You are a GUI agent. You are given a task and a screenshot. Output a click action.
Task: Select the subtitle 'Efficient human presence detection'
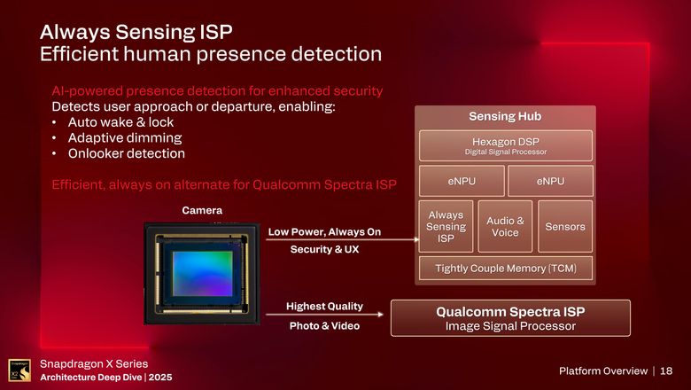tap(211, 54)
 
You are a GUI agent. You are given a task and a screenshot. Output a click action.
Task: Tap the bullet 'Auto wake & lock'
tap(114, 122)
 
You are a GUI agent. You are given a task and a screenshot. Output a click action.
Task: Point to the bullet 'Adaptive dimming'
tap(118, 138)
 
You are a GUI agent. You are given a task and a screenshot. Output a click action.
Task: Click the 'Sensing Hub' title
tap(504, 117)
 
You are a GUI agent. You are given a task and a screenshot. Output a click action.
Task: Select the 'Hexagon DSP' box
tap(504, 145)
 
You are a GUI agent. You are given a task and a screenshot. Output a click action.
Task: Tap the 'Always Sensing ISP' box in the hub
tap(446, 227)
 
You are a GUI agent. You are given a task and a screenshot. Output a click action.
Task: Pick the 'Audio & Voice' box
tap(505, 227)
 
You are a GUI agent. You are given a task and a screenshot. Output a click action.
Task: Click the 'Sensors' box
tap(564, 227)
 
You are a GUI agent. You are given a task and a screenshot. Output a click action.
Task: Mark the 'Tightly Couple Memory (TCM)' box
tap(504, 269)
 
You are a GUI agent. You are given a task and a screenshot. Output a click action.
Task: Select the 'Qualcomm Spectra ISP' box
tap(510, 318)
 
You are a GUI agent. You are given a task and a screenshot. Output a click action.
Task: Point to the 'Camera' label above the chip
tap(202, 210)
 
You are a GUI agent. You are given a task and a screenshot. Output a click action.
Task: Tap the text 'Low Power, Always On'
tap(324, 232)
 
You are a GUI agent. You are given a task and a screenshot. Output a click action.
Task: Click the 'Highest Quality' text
tap(324, 307)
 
